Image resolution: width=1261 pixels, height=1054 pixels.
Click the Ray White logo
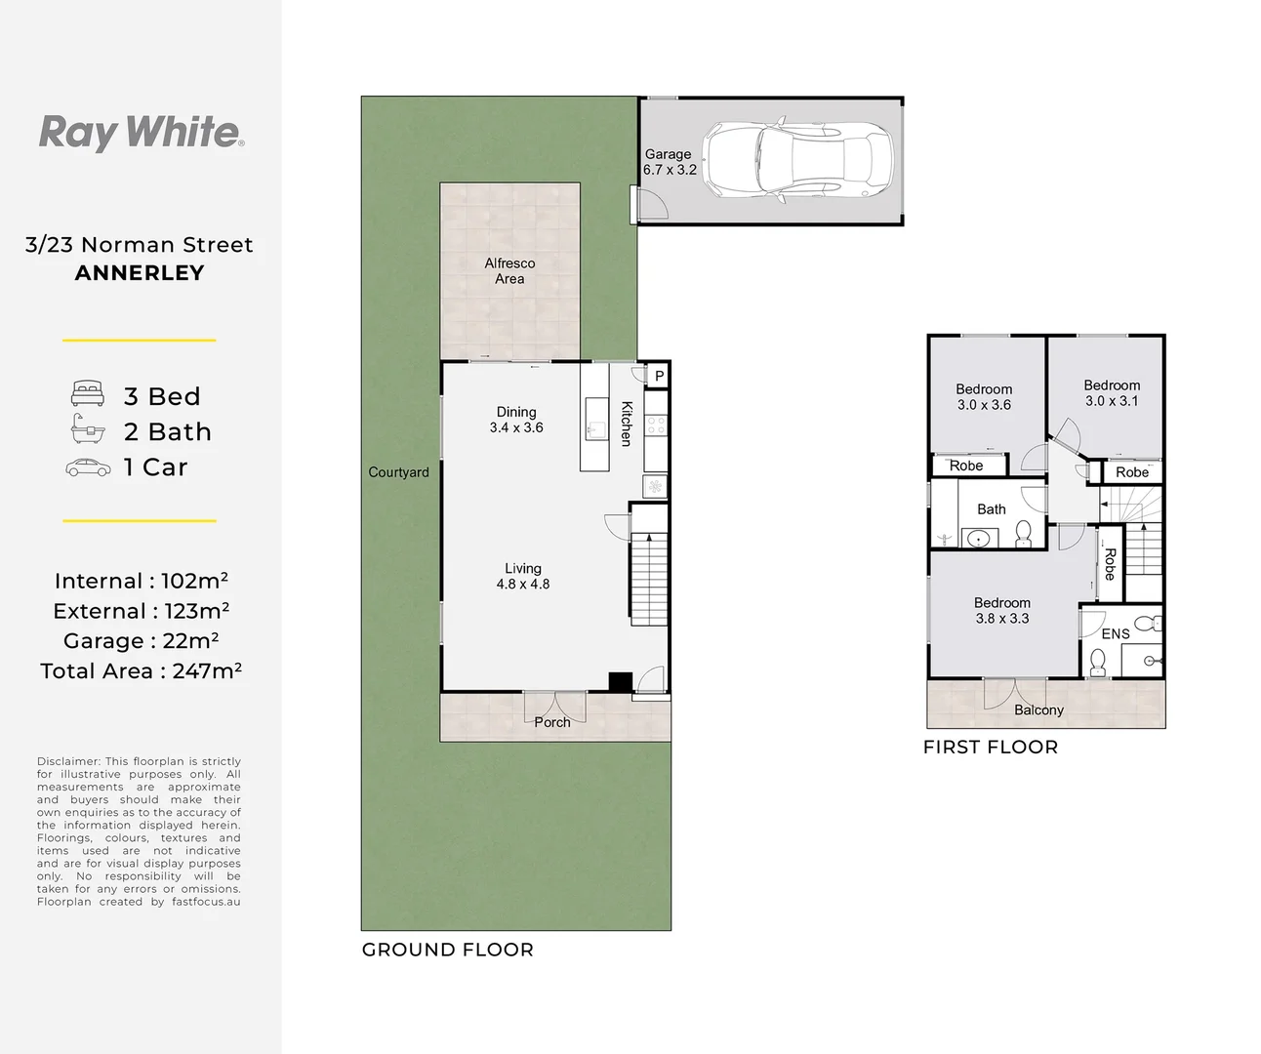click(142, 133)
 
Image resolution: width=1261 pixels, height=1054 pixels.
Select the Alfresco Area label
click(509, 271)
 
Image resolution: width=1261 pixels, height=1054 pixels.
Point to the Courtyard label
click(398, 472)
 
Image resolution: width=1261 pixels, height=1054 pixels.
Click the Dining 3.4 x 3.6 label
click(516, 420)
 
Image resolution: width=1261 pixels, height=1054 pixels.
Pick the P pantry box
click(659, 377)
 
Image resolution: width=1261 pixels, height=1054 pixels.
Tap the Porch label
click(552, 722)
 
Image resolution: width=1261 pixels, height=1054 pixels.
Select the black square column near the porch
click(620, 682)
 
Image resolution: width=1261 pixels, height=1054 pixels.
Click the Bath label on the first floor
click(991, 509)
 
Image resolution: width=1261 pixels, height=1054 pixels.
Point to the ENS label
click(1116, 634)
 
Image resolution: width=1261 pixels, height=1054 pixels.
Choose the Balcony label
click(1038, 709)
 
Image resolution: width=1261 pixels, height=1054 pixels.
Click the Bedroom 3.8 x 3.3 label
click(1002, 611)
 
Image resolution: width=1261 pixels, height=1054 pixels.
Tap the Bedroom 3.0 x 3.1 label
click(1112, 393)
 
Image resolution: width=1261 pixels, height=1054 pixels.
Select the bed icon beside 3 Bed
click(88, 393)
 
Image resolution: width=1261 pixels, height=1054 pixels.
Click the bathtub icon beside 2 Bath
click(88, 428)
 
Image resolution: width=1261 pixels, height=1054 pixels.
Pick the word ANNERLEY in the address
click(140, 273)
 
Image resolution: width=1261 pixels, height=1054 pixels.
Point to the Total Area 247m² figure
click(141, 671)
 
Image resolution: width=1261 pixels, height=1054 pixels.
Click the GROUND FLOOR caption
click(448, 951)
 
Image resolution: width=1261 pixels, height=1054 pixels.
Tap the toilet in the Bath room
click(1023, 534)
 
